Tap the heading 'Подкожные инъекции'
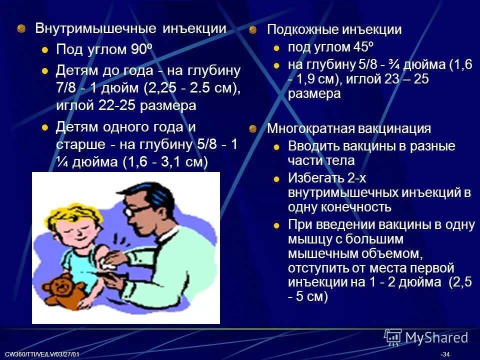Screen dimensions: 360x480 (334, 29)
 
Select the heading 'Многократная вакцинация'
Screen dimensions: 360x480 (348, 128)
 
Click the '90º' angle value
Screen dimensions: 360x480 (140, 49)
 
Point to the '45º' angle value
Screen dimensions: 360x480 (363, 47)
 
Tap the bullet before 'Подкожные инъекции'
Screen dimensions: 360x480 (253, 30)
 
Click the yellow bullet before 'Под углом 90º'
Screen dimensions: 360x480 (45, 50)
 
